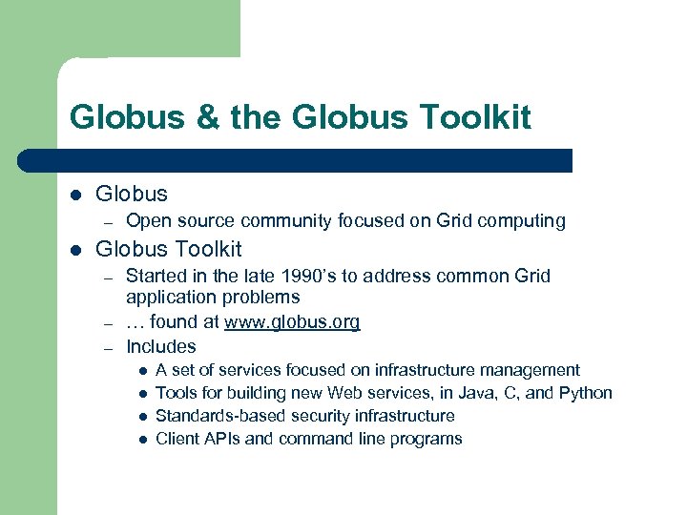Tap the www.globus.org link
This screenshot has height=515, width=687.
[292, 322]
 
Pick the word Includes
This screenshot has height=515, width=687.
[161, 347]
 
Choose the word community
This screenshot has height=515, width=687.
[286, 221]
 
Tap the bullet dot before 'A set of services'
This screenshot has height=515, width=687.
[140, 371]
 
